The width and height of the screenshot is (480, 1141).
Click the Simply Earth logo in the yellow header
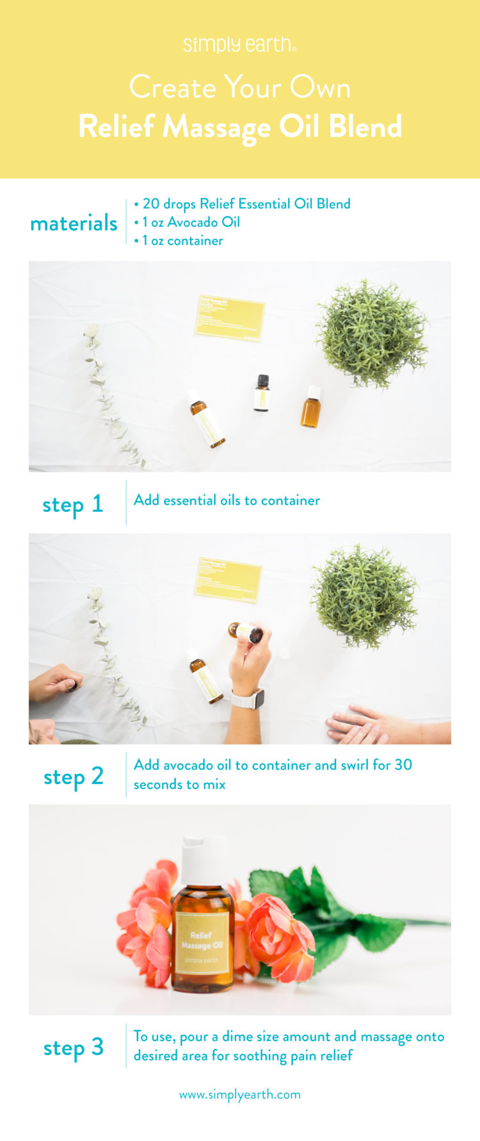coord(239,45)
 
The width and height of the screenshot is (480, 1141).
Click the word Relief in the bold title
coord(116,126)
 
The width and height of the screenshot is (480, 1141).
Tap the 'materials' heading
coord(74,223)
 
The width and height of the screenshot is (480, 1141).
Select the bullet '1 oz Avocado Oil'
coord(191,222)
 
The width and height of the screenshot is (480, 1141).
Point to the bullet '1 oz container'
coord(182,241)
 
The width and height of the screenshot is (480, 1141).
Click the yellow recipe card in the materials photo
coord(230,317)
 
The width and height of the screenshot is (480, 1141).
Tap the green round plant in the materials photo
coord(372,333)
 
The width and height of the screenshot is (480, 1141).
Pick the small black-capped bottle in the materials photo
coord(261,393)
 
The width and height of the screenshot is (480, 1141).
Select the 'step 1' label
coord(72,504)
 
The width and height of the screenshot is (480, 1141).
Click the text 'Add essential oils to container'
coord(227,500)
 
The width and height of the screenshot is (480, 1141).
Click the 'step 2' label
coord(73,776)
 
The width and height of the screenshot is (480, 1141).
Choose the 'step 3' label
coord(73,1048)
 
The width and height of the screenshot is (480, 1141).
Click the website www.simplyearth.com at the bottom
coord(239,1094)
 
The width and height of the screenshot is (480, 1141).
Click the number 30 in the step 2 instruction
coord(403,764)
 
